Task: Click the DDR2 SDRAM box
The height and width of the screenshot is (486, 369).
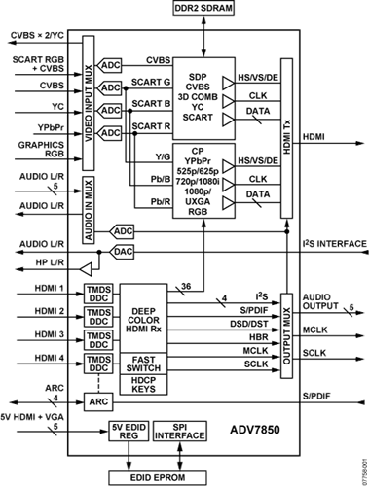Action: click(203, 8)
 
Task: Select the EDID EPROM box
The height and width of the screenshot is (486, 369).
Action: click(158, 477)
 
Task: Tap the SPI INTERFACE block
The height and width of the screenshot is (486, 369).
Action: click(179, 431)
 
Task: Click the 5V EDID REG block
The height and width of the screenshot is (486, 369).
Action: click(129, 431)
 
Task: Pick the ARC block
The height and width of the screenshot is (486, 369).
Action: click(98, 401)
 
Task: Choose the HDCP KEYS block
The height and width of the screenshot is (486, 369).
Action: click(143, 385)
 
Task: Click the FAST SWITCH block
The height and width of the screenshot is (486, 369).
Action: click(143, 364)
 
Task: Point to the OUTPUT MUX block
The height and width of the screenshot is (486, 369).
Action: click(286, 335)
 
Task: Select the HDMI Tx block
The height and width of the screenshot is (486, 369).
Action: click(286, 138)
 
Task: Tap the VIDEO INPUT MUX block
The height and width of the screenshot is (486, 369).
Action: click(89, 103)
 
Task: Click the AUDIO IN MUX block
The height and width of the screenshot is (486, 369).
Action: click(89, 210)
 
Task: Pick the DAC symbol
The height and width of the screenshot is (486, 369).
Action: click(122, 252)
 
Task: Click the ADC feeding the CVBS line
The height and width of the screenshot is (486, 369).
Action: click(109, 66)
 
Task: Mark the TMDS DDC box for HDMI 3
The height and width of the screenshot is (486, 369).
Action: click(98, 340)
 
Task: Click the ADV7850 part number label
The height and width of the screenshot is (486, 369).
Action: click(255, 430)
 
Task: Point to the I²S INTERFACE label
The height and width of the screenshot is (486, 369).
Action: click(335, 244)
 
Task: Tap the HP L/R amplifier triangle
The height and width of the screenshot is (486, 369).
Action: click(86, 269)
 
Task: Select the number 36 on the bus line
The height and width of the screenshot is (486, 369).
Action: click(186, 286)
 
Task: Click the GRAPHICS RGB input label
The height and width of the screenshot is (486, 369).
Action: click(41, 149)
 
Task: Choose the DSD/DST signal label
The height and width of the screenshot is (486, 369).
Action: click(249, 324)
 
